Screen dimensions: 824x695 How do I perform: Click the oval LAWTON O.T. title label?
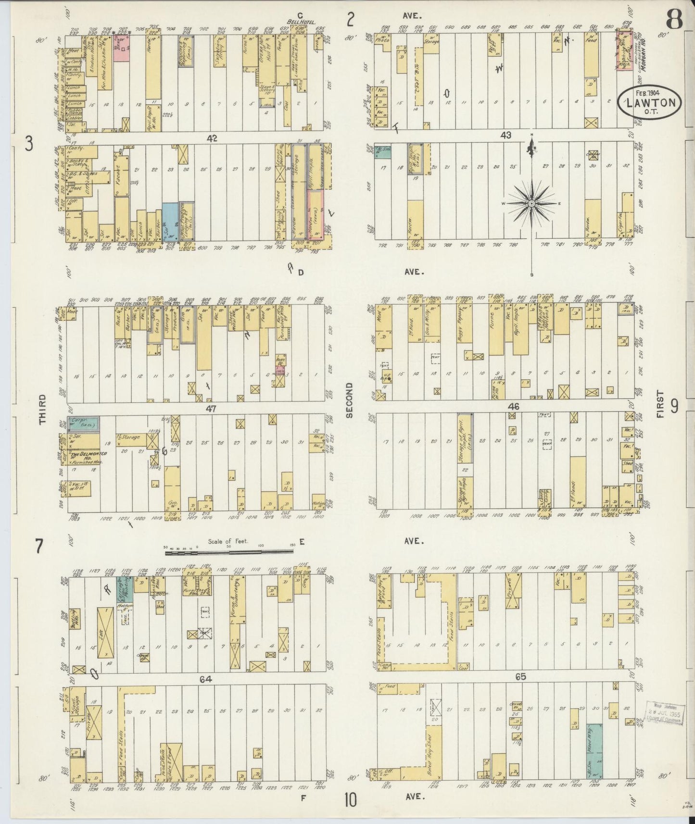point(650,102)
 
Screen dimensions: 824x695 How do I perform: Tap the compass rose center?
point(531,204)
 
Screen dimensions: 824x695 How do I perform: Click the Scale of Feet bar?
point(230,553)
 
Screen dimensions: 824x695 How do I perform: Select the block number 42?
point(212,138)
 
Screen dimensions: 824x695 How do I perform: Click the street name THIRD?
point(42,409)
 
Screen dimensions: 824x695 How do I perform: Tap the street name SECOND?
point(349,400)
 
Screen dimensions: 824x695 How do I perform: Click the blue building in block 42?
point(170,221)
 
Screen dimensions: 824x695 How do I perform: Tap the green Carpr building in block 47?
point(84,423)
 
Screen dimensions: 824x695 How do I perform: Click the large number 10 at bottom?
point(350,801)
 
